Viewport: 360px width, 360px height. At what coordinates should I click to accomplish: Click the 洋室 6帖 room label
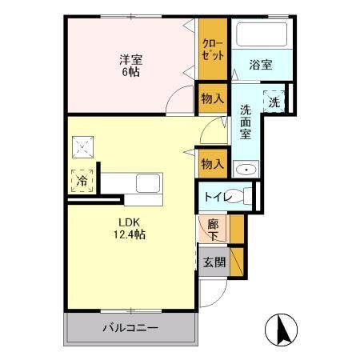tap(130, 65)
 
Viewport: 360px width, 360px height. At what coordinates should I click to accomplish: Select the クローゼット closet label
tap(213, 49)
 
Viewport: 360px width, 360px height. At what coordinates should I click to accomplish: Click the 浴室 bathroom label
tap(259, 65)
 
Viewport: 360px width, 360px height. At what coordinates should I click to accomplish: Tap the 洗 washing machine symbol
tap(274, 101)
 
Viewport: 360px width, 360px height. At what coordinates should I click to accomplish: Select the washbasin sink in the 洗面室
tap(245, 169)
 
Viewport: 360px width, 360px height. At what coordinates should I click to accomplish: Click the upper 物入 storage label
tap(212, 98)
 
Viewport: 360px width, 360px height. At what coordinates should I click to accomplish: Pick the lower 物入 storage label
tap(212, 163)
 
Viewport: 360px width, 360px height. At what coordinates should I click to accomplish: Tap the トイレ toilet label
tap(219, 196)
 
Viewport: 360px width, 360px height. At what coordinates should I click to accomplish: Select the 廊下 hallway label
tap(213, 230)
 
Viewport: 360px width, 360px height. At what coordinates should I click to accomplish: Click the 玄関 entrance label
tap(214, 262)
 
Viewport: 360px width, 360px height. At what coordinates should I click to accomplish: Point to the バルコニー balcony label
tap(130, 328)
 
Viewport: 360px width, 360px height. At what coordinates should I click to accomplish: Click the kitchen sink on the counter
tap(149, 183)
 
